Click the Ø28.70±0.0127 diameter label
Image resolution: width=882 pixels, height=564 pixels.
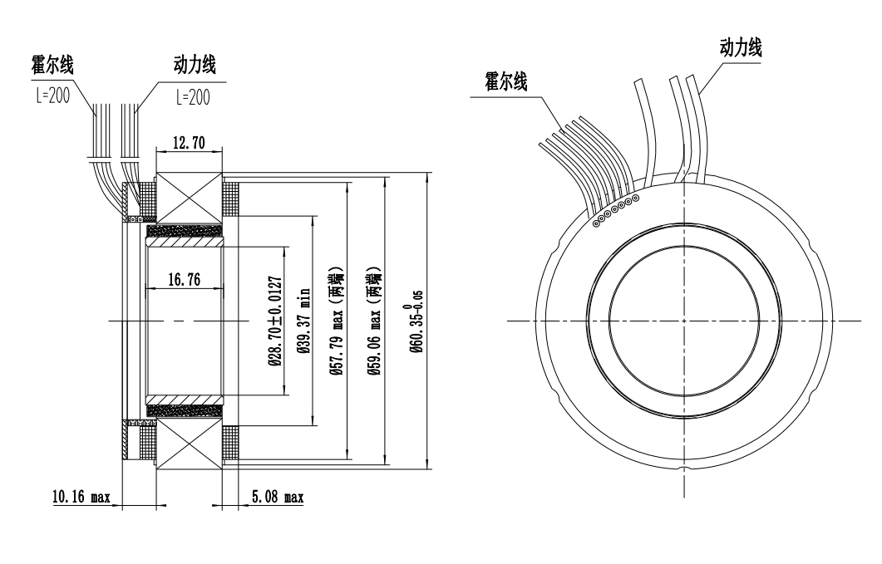273,320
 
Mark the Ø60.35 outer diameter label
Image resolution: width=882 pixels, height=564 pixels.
418,320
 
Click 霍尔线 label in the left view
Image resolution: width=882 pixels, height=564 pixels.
52,67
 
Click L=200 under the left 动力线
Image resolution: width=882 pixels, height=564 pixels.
193,96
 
